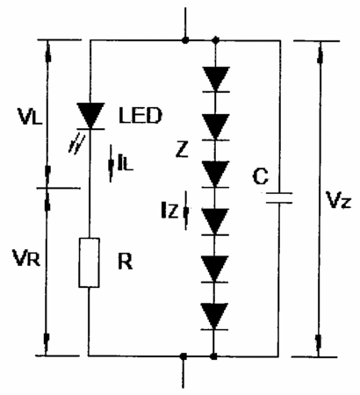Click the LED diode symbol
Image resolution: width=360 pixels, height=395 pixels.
pos(90,116)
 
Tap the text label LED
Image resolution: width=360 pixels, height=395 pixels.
pos(140,115)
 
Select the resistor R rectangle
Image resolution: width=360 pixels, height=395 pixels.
pos(89,262)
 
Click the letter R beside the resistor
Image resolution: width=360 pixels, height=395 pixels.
pos(125,262)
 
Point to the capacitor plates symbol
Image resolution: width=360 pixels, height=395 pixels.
pos(279,197)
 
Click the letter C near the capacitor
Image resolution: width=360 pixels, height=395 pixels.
pos(260,176)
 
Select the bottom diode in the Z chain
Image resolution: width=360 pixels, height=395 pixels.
pos(214,317)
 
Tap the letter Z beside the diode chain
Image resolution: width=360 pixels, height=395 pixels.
pos(182,150)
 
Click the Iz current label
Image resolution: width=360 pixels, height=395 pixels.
pos(169,211)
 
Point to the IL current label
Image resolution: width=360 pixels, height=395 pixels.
pos(126,163)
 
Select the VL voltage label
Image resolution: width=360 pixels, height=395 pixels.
pos(30,116)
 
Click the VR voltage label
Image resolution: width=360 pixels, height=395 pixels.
pos(26,258)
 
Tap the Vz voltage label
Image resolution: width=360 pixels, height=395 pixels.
pos(338,200)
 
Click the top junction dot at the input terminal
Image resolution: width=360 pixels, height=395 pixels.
pos(185,40)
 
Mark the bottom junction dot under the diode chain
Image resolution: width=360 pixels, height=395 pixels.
pos(214,356)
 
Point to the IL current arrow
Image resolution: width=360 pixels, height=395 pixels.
pos(112,163)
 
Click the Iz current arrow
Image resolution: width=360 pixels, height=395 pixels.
pos(186,210)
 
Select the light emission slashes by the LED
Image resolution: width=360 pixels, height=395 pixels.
pos(76,144)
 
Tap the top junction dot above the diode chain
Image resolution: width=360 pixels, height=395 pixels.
pos(216,40)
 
